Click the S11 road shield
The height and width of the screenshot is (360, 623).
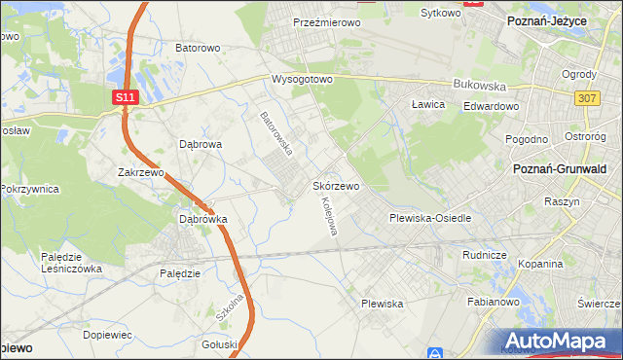tap(124, 97)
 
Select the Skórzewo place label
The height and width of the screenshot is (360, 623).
tap(337, 185)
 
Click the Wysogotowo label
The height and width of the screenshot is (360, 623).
tap(302, 78)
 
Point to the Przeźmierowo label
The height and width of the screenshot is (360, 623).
tap(326, 21)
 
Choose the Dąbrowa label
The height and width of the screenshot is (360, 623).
tap(202, 143)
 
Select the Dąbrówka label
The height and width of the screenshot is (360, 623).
tap(202, 219)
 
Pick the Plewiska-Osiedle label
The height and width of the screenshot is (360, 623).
tap(430, 218)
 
